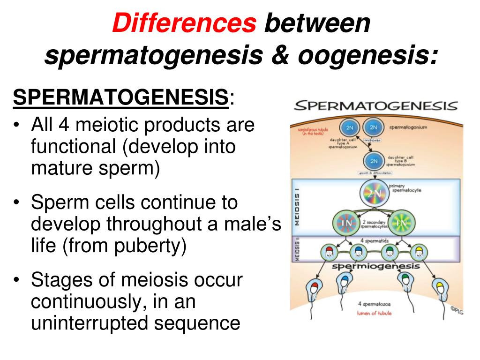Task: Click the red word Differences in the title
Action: (x=184, y=23)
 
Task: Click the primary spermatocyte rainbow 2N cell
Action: (x=374, y=193)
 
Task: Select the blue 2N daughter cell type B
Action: (x=374, y=161)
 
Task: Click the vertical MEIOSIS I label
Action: (x=296, y=206)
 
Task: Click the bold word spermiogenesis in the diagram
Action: (x=375, y=266)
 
